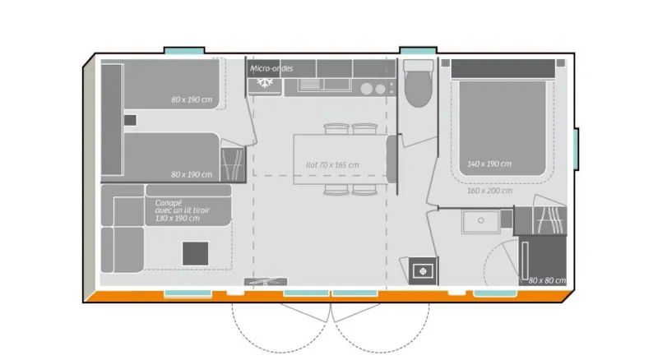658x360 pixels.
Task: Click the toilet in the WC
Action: (418, 88)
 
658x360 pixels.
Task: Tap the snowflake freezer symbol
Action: (265, 83)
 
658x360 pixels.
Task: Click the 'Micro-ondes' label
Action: (271, 68)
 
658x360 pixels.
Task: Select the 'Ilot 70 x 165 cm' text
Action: (332, 164)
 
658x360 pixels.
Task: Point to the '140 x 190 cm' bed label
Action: (489, 164)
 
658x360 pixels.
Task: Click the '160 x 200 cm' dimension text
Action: (489, 191)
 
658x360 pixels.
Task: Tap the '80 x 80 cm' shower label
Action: (547, 281)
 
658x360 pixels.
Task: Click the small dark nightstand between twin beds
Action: (129, 120)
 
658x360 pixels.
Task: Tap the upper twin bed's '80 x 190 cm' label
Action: (192, 100)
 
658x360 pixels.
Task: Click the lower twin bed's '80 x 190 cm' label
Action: (192, 174)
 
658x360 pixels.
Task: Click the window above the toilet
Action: (416, 51)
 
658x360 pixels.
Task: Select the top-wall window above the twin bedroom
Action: (184, 51)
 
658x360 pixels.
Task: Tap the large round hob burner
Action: (380, 89)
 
